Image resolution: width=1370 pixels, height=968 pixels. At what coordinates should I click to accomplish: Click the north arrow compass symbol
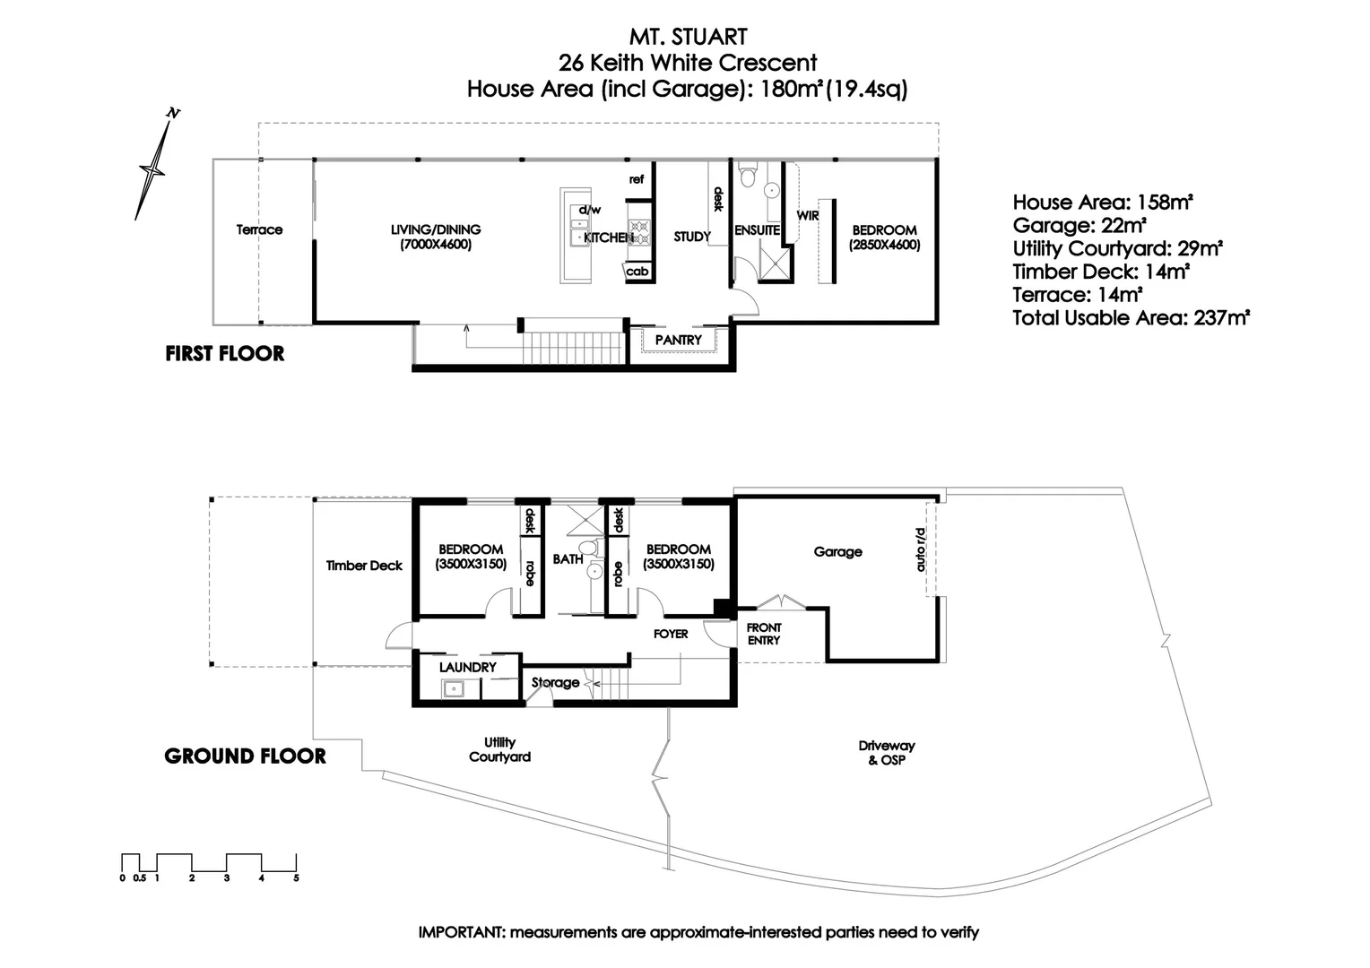click(154, 167)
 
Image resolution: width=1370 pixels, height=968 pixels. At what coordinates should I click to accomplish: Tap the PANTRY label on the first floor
click(678, 341)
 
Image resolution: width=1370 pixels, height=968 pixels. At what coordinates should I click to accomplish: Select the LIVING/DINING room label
click(436, 237)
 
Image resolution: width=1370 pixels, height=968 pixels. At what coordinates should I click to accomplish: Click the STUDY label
click(692, 237)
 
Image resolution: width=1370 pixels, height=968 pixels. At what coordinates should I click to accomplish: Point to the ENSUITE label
click(758, 230)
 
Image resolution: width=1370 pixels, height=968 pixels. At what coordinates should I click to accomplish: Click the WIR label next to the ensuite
click(808, 216)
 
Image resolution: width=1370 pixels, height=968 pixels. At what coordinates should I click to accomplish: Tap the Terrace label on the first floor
click(259, 229)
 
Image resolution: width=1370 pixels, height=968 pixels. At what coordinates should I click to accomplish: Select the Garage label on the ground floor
click(837, 552)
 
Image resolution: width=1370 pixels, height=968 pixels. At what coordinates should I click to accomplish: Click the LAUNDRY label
click(467, 668)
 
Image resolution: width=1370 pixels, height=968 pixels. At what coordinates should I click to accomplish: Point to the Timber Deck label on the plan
click(364, 566)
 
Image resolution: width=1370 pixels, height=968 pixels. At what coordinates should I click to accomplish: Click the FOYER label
click(671, 634)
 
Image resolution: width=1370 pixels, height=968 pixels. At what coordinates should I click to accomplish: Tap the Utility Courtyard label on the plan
click(499, 749)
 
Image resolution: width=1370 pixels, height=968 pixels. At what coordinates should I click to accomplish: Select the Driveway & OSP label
click(886, 753)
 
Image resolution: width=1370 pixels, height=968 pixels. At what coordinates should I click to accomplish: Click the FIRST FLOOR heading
click(225, 353)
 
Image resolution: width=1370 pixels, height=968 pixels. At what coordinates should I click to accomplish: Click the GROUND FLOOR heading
click(245, 756)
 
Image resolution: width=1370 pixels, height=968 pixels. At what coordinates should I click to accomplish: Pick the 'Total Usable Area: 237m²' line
click(1131, 317)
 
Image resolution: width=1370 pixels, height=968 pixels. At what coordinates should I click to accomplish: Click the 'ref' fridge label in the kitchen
click(636, 179)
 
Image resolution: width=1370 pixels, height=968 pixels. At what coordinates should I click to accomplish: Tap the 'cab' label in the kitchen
click(637, 272)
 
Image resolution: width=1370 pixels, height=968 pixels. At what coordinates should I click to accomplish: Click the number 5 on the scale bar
click(296, 878)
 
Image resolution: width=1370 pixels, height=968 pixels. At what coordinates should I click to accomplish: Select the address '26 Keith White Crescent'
click(688, 63)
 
